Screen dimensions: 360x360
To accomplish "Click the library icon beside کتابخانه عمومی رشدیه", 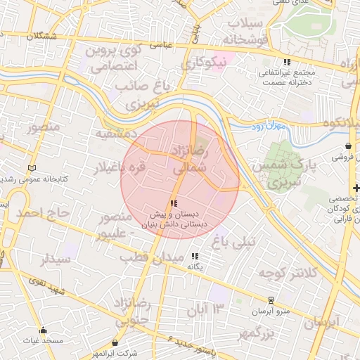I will [31, 168].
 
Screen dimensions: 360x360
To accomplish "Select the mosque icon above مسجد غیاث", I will [43, 330].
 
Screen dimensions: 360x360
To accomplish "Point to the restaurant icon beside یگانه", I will [195, 257].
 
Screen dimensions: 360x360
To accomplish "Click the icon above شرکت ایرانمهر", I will [115, 343].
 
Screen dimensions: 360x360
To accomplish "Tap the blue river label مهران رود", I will [264, 126].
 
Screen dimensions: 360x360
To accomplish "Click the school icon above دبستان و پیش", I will [174, 202].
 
